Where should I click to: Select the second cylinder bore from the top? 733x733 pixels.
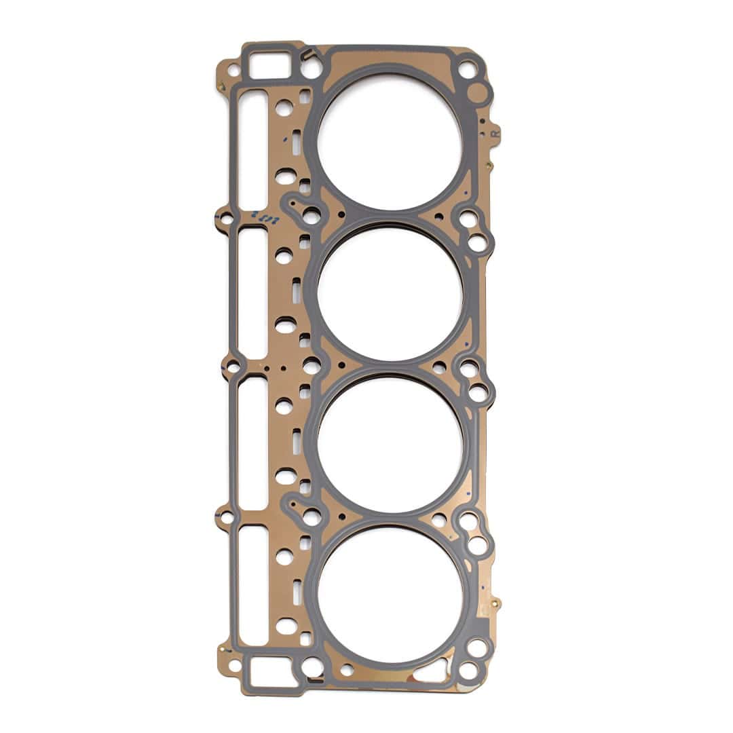click(x=390, y=292)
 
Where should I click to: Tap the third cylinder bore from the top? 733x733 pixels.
click(x=390, y=443)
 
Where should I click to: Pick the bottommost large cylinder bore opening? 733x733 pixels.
click(x=390, y=593)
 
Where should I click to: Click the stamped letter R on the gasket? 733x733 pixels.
click(x=495, y=134)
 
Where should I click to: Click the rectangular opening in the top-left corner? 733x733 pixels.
click(x=268, y=66)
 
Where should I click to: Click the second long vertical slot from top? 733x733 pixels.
click(x=252, y=293)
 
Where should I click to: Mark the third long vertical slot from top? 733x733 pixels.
click(x=252, y=443)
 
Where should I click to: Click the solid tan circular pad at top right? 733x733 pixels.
click(x=479, y=94)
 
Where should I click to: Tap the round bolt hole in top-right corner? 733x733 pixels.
click(x=467, y=69)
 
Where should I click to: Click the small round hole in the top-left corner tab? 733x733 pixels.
click(x=232, y=69)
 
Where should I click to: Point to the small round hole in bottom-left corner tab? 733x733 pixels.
click(x=234, y=664)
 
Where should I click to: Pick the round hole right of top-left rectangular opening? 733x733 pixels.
click(x=311, y=69)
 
